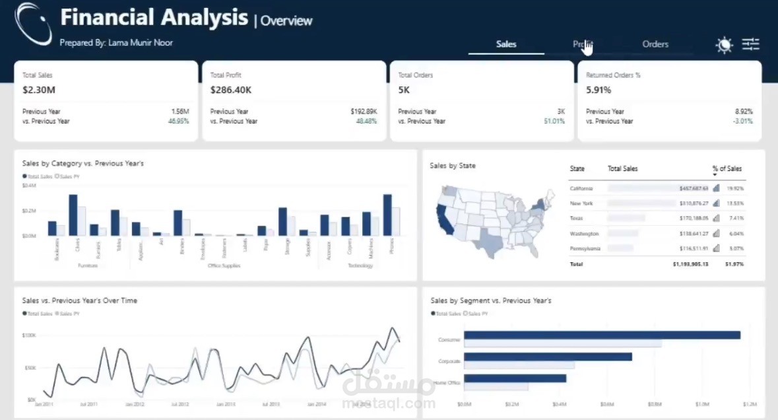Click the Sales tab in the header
point(506,44)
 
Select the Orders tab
point(655,44)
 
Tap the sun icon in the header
point(724,45)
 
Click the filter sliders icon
point(751,44)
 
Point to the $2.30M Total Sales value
point(39,89)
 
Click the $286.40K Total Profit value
point(231,89)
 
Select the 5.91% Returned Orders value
point(599,89)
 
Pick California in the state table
point(581,189)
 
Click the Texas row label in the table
point(576,218)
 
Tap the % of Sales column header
point(727,169)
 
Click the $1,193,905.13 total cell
point(690,264)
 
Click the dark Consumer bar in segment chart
point(602,335)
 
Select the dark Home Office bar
point(515,378)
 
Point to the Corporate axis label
point(449,361)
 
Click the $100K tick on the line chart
point(29,335)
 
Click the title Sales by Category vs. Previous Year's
point(83,163)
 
